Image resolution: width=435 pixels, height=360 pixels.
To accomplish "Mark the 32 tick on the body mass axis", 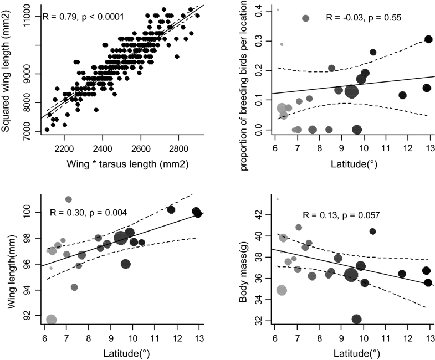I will pyautogui.click(x=260, y=321).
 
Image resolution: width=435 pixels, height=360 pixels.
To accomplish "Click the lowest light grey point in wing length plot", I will pyautogui.click(x=52, y=320).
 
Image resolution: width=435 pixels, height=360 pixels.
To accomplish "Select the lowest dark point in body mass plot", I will pyautogui.click(x=356, y=319).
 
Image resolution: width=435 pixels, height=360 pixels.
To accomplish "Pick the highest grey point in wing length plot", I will pyautogui.click(x=69, y=199).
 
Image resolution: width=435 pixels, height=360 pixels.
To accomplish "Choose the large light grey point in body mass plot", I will pyautogui.click(x=282, y=290).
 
